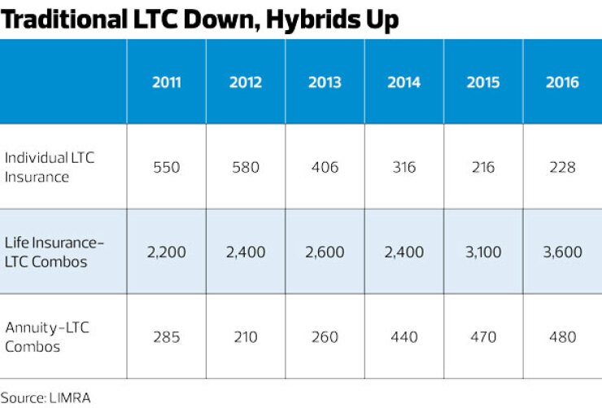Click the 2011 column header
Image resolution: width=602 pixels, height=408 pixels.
(166, 82)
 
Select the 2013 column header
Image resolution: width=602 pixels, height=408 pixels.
(325, 82)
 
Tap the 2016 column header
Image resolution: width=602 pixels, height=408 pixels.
(562, 82)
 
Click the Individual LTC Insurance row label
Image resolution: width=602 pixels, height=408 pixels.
(50, 166)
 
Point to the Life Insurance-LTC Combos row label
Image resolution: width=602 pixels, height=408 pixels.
(55, 252)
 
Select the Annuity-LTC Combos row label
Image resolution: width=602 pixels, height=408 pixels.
(47, 336)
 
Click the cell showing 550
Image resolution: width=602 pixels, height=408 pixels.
(166, 167)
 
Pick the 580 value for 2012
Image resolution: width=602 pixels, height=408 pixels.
(245, 167)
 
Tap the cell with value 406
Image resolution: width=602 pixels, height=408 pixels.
(325, 167)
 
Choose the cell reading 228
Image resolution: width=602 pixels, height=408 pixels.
(562, 167)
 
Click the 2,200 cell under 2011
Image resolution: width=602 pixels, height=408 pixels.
(166, 252)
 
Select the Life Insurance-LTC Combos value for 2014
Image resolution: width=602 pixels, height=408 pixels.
(404, 252)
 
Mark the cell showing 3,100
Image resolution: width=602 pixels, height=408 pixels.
(483, 252)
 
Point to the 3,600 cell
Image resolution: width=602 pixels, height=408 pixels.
(562, 252)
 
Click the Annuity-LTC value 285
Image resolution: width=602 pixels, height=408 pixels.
(166, 336)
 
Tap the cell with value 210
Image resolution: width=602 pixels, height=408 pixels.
(245, 336)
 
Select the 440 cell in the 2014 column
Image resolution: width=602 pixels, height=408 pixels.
(404, 336)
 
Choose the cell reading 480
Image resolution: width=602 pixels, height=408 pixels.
(562, 336)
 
